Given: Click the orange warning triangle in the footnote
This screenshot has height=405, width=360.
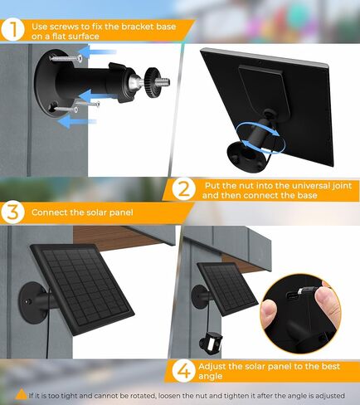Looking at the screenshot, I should (20, 394).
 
